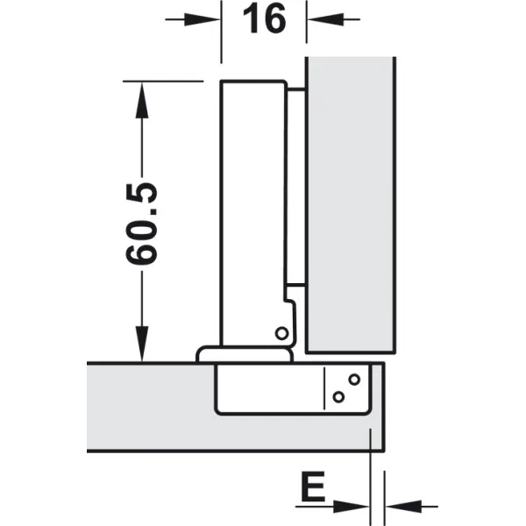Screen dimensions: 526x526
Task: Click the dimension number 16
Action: pos(265,19)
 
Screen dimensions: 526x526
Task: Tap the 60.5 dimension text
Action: pos(141,224)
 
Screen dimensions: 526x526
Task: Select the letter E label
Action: pos(313,486)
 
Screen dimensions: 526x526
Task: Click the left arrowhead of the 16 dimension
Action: pos(203,19)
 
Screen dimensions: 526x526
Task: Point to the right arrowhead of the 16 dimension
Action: pos(325,19)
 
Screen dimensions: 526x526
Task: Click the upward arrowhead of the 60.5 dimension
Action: pos(142,100)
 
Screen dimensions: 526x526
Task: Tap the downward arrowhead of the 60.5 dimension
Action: pos(142,344)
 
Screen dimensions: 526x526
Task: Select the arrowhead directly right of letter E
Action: pos(352,506)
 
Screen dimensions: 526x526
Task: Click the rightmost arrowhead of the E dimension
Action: pos(403,506)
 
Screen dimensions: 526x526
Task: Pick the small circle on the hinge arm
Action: pos(281,334)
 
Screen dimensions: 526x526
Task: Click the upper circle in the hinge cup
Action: pos(354,380)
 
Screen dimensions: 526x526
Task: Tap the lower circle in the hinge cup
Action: pos(338,397)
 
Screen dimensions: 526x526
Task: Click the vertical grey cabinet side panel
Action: pos(351,204)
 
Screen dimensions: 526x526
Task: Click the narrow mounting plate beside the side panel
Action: pos(296,188)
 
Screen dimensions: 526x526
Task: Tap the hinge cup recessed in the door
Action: pos(293,389)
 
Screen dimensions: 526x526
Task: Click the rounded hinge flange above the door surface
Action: pos(245,354)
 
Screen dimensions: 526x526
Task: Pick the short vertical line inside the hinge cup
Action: pos(324,388)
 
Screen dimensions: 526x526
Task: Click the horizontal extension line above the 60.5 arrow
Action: pos(163,81)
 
